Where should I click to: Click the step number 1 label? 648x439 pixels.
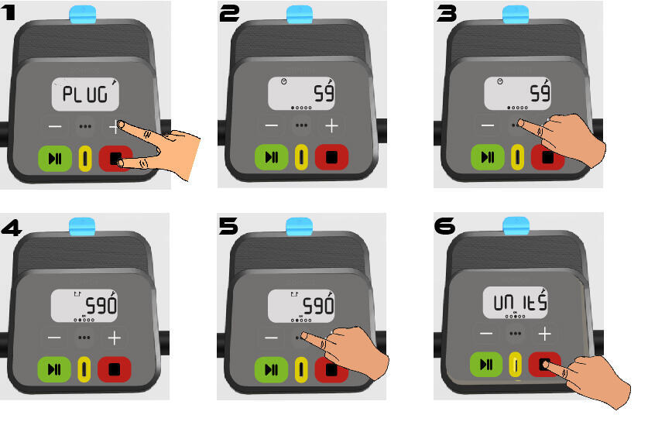(9, 12)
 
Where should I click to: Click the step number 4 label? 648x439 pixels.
(11, 228)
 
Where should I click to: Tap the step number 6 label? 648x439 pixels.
(444, 226)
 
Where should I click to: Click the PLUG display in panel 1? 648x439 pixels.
(85, 94)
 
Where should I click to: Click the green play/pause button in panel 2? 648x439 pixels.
(271, 157)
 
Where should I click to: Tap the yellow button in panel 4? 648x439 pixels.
(84, 369)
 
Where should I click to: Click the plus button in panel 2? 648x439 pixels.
(331, 125)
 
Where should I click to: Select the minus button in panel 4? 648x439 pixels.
(54, 338)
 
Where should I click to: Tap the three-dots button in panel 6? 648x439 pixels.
(515, 333)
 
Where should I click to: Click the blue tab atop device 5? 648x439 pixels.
(299, 227)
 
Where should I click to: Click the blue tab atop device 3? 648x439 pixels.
(516, 15)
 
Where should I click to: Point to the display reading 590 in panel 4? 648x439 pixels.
(84, 306)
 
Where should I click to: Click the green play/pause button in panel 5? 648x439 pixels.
(271, 369)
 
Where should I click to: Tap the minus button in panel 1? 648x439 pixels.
(55, 126)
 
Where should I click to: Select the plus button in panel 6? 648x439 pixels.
(545, 334)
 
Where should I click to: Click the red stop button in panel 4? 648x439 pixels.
(115, 369)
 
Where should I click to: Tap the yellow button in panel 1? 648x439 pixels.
(85, 158)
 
